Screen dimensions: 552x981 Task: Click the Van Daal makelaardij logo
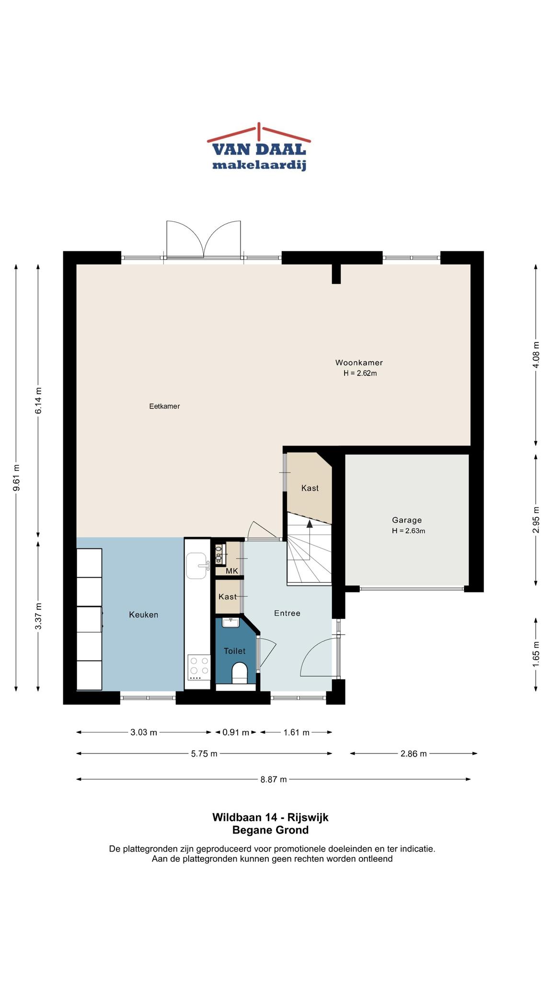click(259, 147)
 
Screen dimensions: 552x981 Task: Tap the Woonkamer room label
click(359, 363)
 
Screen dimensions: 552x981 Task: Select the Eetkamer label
click(164, 406)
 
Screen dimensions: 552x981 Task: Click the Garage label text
click(407, 520)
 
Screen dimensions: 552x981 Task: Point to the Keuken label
click(144, 615)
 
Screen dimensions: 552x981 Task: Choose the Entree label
click(287, 613)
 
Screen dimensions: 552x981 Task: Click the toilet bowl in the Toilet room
click(239, 673)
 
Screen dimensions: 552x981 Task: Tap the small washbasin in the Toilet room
click(231, 622)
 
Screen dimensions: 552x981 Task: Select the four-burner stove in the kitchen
click(198, 667)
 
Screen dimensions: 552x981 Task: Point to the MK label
click(232, 571)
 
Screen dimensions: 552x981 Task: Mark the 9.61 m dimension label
click(16, 478)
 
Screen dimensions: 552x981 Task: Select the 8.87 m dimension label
click(274, 779)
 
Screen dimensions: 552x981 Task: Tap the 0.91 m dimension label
click(236, 732)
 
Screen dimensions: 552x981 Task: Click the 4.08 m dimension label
click(536, 355)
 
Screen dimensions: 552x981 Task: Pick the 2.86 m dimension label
click(414, 753)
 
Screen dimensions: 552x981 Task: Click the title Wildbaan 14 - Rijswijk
click(270, 817)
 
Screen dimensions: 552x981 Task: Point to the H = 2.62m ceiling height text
click(360, 373)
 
